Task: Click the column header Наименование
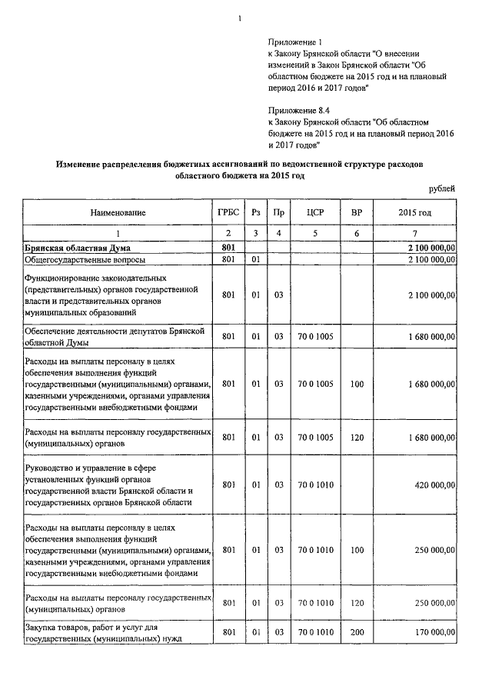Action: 118,211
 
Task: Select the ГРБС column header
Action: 228,211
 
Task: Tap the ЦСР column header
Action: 313,211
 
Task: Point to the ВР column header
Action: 357,211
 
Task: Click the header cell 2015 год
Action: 414,211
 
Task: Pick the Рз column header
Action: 255,211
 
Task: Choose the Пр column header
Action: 279,211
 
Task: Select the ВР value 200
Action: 357,632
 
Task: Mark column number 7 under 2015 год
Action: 414,233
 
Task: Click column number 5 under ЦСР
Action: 313,233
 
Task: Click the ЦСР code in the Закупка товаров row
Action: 313,632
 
